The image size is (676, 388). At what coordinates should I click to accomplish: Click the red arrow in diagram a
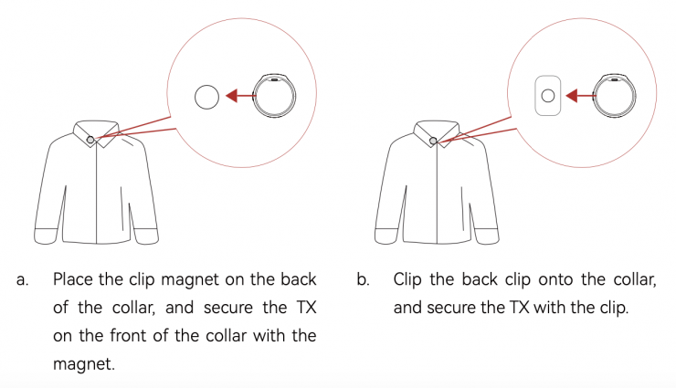(x=240, y=96)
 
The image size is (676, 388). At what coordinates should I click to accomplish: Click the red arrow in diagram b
(x=581, y=96)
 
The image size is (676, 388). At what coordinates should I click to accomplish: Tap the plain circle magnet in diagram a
(x=207, y=97)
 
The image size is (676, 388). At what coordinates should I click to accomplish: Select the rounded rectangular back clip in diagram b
(x=548, y=96)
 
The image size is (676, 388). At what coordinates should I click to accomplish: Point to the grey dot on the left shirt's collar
(x=90, y=140)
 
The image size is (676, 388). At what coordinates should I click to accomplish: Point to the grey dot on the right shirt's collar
(x=433, y=141)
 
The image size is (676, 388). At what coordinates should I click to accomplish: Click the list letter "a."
(x=23, y=280)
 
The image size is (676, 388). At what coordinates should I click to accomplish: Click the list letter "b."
(x=364, y=279)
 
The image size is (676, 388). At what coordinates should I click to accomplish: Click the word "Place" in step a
(x=73, y=279)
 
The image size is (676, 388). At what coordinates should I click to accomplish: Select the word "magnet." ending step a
(x=84, y=364)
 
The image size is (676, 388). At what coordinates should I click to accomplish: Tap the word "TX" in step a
(x=307, y=308)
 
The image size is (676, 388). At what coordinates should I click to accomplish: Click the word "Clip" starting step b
(x=407, y=280)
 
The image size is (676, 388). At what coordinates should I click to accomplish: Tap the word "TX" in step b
(x=520, y=308)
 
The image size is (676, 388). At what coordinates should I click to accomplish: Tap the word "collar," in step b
(x=635, y=280)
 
